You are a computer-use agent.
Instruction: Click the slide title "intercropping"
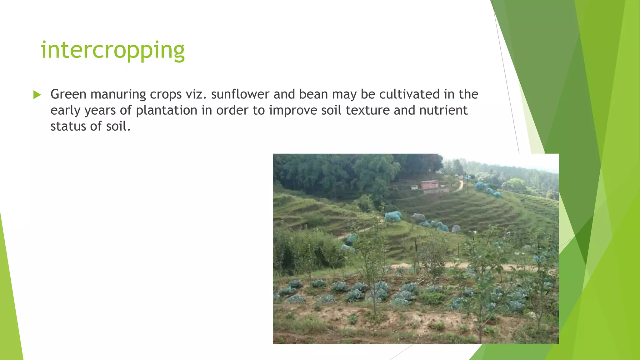point(113,50)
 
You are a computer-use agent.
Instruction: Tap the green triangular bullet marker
point(37,95)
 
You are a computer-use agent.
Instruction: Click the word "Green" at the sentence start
point(68,94)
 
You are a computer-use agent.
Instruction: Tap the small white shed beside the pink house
point(414,187)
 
